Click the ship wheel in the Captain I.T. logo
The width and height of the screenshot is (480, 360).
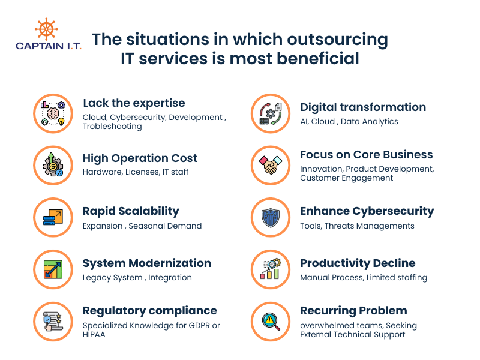click(x=47, y=29)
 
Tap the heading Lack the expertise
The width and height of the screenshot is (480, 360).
click(x=134, y=103)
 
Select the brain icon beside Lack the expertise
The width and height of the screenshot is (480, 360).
click(x=53, y=113)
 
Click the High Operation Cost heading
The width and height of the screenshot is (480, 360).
click(x=140, y=158)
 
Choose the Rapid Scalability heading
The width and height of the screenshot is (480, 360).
click(x=131, y=211)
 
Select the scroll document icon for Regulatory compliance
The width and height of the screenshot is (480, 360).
click(x=53, y=322)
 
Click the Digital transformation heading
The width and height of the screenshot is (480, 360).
click(x=363, y=107)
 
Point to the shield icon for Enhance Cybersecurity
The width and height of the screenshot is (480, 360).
click(x=270, y=217)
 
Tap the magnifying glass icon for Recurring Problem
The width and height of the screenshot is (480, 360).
click(x=270, y=322)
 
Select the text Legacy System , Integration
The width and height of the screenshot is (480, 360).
click(x=137, y=278)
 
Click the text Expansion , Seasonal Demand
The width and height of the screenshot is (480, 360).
click(x=142, y=226)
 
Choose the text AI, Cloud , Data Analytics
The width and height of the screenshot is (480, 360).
click(x=349, y=121)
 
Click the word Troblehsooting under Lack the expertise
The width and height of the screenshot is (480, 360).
click(x=112, y=127)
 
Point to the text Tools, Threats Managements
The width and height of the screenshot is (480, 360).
click(x=357, y=226)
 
